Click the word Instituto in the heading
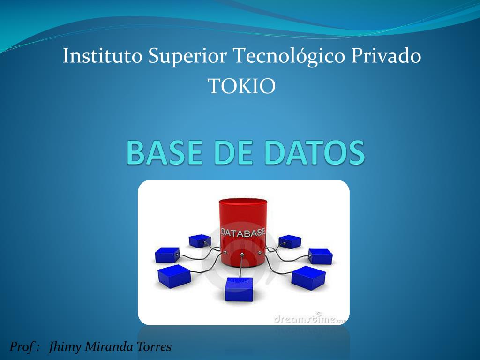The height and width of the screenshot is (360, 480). [x=103, y=57]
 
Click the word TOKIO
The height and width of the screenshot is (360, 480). [x=241, y=86]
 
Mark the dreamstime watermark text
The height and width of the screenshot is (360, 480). [x=309, y=319]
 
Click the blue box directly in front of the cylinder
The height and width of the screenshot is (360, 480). [x=239, y=289]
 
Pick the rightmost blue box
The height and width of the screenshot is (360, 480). [x=321, y=256]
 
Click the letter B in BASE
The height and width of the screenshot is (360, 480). [x=135, y=153]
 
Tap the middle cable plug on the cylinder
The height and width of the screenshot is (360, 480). [x=241, y=255]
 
